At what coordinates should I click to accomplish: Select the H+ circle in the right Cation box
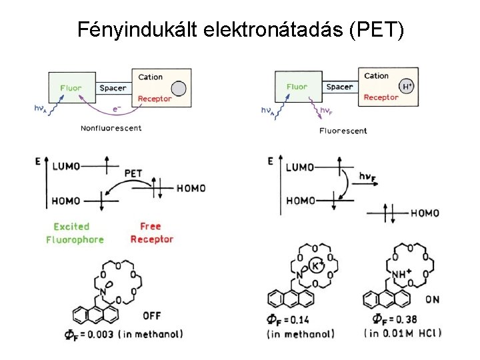click(x=405, y=86)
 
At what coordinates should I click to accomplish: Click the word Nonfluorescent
click(x=111, y=128)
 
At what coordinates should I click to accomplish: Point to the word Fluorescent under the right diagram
click(x=343, y=131)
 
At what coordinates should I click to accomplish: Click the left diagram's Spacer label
click(x=113, y=88)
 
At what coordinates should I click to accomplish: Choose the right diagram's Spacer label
click(x=340, y=87)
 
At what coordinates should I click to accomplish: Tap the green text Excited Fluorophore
click(x=75, y=233)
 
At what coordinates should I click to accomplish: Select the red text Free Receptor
click(x=151, y=233)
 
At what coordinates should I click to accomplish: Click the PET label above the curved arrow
click(x=133, y=173)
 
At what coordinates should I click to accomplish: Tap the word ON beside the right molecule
click(x=432, y=300)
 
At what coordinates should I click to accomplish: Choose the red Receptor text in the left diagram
click(x=155, y=99)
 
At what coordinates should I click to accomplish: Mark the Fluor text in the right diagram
click(x=297, y=87)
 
